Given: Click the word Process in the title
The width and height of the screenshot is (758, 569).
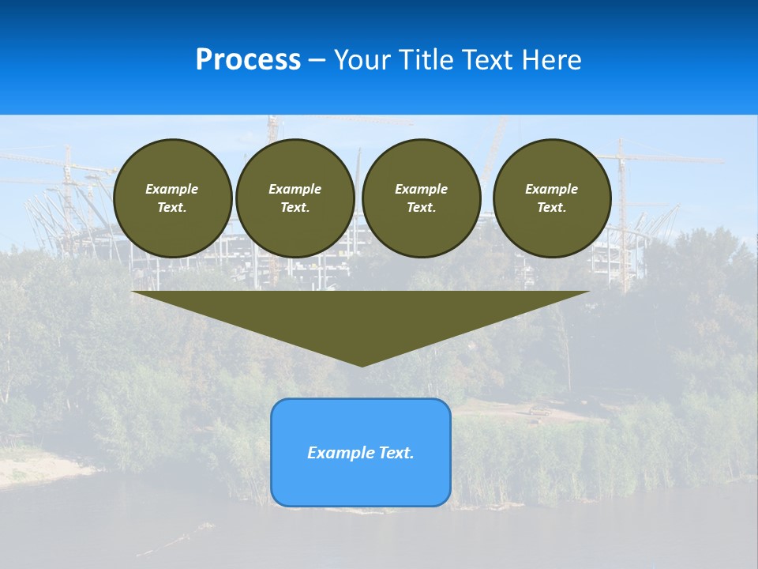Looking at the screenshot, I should (248, 60).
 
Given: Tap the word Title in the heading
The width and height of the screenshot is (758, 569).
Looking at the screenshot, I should (429, 60).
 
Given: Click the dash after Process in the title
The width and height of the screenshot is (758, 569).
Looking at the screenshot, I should (317, 61).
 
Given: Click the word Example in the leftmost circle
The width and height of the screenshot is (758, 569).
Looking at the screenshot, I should (172, 189).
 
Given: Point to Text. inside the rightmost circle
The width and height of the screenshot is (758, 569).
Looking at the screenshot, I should (552, 208).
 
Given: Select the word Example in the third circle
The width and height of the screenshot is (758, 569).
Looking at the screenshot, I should (422, 189).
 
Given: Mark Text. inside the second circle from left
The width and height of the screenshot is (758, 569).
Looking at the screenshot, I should (295, 208).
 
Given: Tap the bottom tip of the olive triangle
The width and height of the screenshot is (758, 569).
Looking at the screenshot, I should (362, 364).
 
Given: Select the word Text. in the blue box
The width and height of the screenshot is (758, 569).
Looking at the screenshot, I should (396, 453).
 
